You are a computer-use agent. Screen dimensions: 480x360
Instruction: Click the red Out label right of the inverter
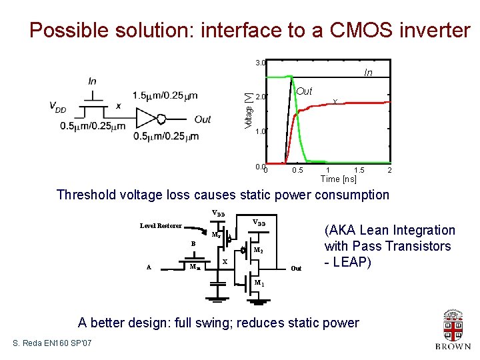[202, 119]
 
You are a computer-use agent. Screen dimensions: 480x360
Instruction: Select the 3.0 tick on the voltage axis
[260, 63]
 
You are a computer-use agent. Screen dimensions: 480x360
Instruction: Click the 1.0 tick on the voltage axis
[260, 131]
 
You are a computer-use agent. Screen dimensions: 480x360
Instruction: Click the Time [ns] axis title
[339, 179]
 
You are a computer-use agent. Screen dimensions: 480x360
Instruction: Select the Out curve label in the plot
[304, 91]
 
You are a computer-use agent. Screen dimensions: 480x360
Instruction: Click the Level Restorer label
[160, 226]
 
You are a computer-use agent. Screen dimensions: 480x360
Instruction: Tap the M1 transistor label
[261, 283]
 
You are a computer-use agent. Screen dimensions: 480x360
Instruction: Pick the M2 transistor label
[260, 251]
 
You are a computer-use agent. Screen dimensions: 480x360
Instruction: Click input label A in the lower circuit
[149, 267]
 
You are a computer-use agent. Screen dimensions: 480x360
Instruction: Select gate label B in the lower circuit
[193, 244]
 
